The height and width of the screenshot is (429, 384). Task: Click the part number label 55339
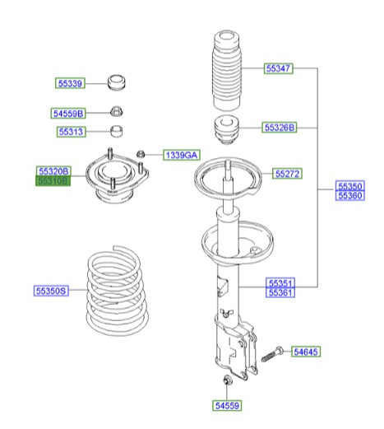pos(70,83)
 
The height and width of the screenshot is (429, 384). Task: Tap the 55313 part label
pos(70,132)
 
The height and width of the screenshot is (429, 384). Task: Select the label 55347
pos(278,68)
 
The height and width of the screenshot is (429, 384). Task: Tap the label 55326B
pos(279,128)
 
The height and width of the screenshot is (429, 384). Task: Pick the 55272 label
pos(287,175)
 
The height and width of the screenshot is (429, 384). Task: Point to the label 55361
pos(280,292)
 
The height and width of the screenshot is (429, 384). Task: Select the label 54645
pos(305,352)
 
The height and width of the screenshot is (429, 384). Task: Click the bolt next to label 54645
pos(273,353)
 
